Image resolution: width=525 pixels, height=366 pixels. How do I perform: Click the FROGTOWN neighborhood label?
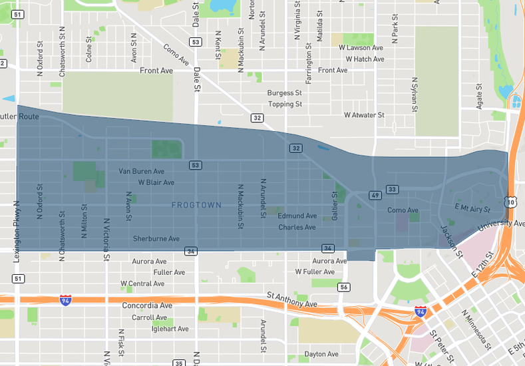click(196, 205)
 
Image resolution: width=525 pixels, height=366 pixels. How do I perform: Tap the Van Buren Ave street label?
click(141, 171)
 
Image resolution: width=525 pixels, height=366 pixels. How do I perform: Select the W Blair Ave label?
click(156, 182)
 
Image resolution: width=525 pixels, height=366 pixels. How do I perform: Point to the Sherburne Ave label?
click(156, 238)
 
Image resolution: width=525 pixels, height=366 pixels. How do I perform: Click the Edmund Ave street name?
click(297, 216)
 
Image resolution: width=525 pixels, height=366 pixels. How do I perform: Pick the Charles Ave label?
click(297, 227)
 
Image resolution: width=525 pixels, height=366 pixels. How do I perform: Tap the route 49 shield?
click(375, 195)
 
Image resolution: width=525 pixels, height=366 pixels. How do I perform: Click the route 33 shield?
click(393, 190)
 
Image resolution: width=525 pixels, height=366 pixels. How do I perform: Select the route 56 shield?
click(343, 287)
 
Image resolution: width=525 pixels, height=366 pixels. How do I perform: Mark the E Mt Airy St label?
click(472, 209)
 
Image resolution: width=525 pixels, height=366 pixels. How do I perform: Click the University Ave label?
click(500, 224)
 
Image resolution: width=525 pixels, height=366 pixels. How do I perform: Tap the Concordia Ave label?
click(147, 305)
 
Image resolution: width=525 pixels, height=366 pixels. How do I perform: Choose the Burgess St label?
click(285, 93)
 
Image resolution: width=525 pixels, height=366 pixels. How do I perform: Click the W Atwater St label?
click(364, 115)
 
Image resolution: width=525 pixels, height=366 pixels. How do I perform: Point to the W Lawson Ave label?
click(361, 48)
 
